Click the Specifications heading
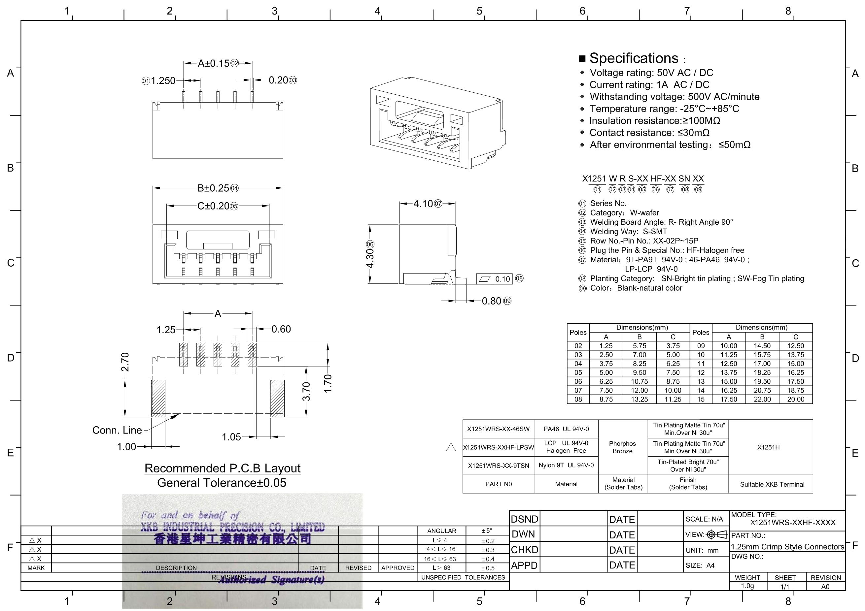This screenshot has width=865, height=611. point(634,58)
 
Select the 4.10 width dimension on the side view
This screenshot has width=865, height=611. point(423,204)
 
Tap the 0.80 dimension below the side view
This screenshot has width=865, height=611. point(491,301)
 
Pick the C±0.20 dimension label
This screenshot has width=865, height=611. point(213,206)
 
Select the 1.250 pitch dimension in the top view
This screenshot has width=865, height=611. point(163,80)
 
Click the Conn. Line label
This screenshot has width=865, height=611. point(117,430)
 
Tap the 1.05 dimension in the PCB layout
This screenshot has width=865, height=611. point(231,437)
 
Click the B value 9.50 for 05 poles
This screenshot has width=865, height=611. point(639,372)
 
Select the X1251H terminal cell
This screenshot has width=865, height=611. point(769,447)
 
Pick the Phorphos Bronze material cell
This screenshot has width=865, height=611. point(622,447)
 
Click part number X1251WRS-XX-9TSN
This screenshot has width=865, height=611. point(499,466)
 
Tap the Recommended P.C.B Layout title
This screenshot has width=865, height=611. point(222,468)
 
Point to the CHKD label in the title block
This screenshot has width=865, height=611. point(524,550)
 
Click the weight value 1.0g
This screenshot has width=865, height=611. point(747,586)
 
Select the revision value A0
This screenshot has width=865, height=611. point(825,587)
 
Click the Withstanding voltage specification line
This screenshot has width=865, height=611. point(675,97)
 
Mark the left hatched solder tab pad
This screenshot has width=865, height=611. point(158,398)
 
